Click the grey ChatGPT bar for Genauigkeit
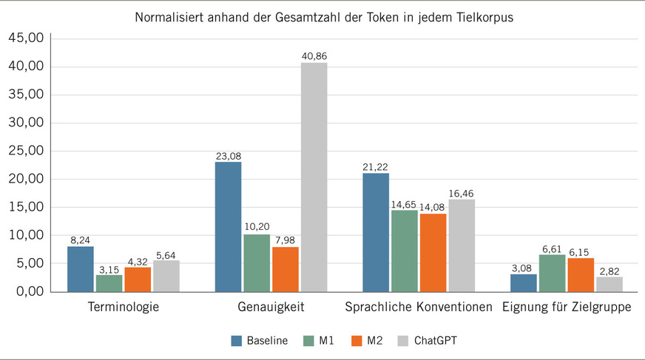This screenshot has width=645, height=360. pyautogui.click(x=314, y=177)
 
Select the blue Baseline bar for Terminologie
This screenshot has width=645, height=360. pyautogui.click(x=80, y=269)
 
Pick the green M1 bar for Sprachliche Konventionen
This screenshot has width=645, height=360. pyautogui.click(x=404, y=251)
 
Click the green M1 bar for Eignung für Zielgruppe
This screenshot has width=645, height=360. pyautogui.click(x=552, y=274)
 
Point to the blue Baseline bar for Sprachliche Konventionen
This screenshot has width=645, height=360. pyautogui.click(x=376, y=233)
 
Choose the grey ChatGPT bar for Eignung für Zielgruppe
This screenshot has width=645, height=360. pyautogui.click(x=609, y=284)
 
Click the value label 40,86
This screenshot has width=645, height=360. pyautogui.click(x=314, y=56)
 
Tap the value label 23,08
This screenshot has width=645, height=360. pyautogui.click(x=228, y=156)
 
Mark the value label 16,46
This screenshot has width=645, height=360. pyautogui.click(x=462, y=193)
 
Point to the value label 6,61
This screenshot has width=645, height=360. pyautogui.click(x=552, y=248)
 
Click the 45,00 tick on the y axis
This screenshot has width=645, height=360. pyautogui.click(x=26, y=38)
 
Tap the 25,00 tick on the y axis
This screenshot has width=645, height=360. pyautogui.click(x=26, y=151)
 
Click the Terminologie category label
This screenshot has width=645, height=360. pyautogui.click(x=123, y=307)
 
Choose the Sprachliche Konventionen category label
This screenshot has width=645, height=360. pyautogui.click(x=419, y=307)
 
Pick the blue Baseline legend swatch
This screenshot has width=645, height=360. pyautogui.click(x=237, y=340)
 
